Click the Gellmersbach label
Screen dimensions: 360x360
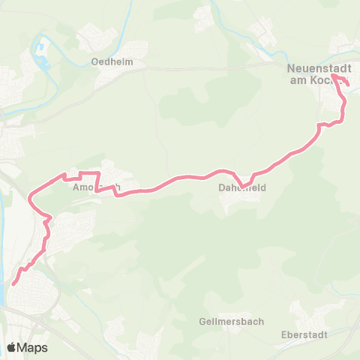coord(232,322)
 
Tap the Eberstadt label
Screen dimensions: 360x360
coord(303,334)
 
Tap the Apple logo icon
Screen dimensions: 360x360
coord(12,347)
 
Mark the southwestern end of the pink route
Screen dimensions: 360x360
coord(13,283)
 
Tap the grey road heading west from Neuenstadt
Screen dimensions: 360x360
coord(225,67)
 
